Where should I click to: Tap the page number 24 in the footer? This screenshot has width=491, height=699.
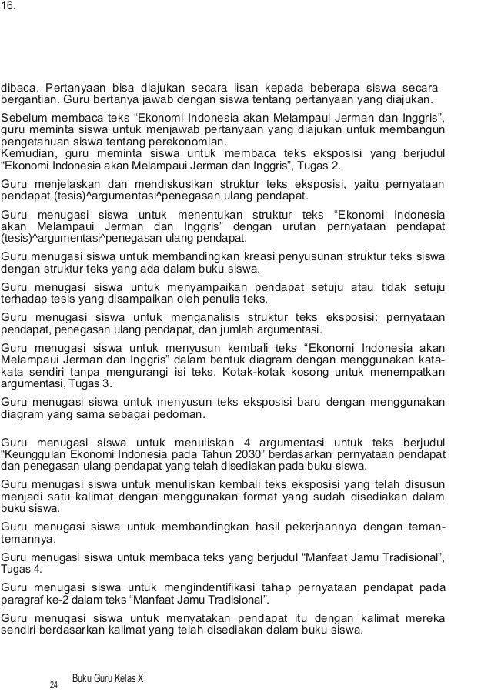[x=54, y=684]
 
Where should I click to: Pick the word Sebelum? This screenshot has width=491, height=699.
[x=23, y=119]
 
